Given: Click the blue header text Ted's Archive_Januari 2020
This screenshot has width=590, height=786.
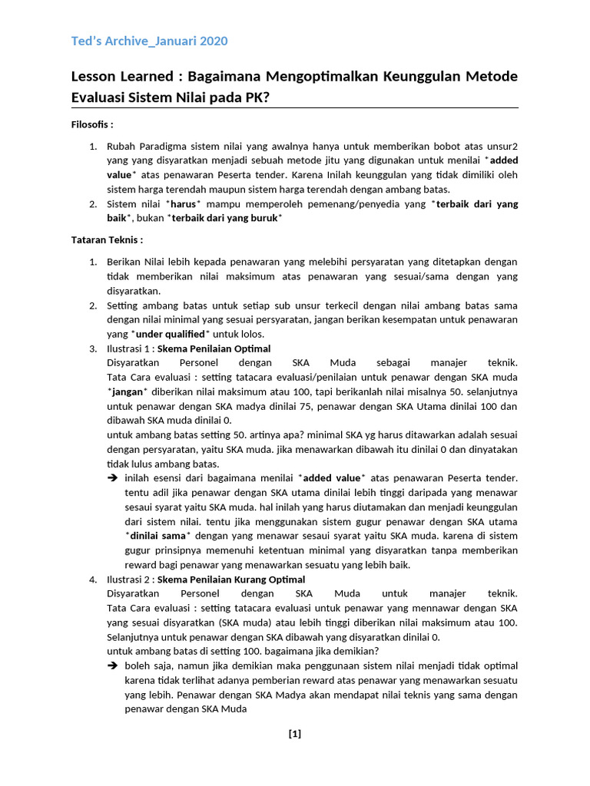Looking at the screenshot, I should [149, 41].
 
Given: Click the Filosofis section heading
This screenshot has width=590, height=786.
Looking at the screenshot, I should [92, 124].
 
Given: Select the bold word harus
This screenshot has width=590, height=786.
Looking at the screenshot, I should [184, 204].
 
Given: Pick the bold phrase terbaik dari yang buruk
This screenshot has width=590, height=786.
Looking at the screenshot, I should [226, 218].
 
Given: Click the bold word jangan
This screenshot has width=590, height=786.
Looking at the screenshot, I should [128, 391].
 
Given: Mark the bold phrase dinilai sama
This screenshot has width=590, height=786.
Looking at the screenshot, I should [158, 536].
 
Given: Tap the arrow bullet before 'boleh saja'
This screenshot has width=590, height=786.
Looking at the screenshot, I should [112, 666].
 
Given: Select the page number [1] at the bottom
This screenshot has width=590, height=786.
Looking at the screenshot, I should [295, 734].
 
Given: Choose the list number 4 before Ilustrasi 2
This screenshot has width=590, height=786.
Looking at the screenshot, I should [91, 580].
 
